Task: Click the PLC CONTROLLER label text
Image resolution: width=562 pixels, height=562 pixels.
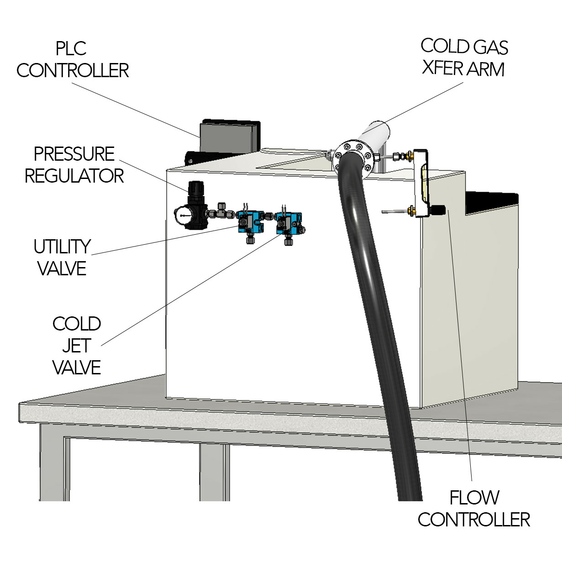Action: [x=72, y=60]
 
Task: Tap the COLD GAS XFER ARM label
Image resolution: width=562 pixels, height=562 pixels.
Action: [x=463, y=58]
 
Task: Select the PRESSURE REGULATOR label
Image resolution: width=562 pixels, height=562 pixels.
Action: [x=74, y=165]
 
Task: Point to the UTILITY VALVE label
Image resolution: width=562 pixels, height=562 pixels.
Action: [x=62, y=257]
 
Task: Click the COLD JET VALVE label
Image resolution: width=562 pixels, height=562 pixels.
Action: [x=76, y=346]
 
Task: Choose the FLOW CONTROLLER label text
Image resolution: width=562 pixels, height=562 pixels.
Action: [x=474, y=509]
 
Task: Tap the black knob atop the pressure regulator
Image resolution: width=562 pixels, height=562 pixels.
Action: [x=195, y=187]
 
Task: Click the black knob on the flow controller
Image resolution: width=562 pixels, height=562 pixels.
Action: [x=439, y=210]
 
